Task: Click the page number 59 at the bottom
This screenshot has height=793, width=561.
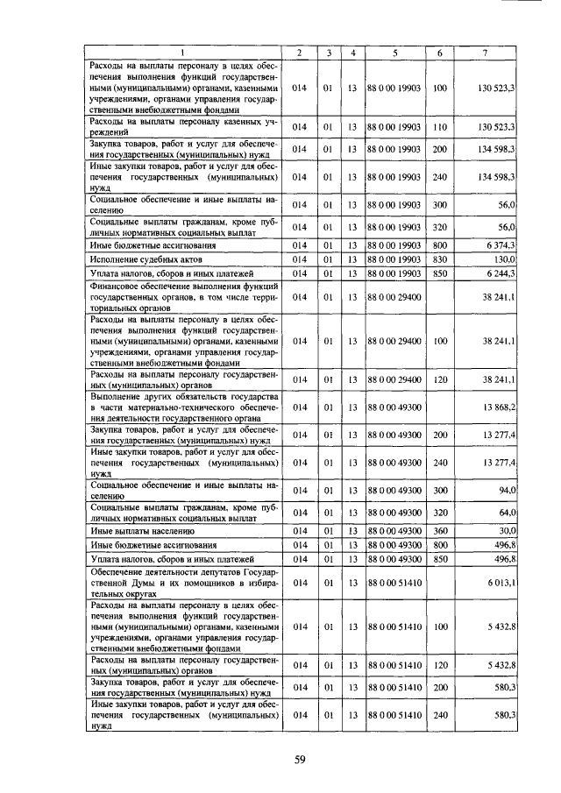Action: coord(299,759)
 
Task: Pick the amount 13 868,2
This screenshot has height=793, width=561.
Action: coord(495,407)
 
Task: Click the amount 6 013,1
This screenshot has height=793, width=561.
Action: coord(497,582)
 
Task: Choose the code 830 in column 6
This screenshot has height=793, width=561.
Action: coord(440,259)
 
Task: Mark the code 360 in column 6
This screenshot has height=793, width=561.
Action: coord(440,531)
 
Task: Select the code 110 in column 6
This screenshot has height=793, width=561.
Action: coord(440,127)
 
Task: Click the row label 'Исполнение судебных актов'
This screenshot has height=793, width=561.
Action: coord(145,259)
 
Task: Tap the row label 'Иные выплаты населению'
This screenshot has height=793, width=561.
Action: coord(142,531)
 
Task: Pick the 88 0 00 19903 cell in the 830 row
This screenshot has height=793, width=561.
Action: coord(394,259)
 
